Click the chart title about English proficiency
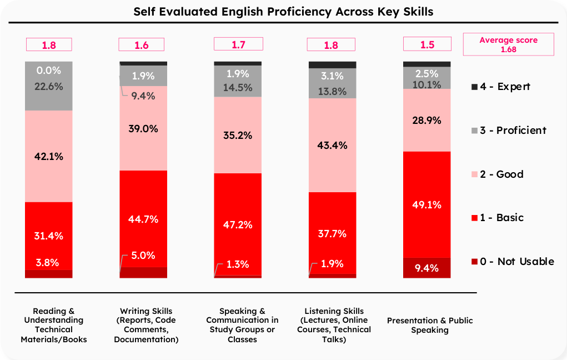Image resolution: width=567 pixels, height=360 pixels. [283, 12]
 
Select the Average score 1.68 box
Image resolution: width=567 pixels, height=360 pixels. [509, 44]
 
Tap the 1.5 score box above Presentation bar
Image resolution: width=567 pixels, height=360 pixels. [427, 44]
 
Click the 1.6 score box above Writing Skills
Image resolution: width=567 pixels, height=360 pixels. [142, 44]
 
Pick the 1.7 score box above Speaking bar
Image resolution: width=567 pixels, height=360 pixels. [238, 44]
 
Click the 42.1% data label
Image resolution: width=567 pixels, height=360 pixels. [49, 156]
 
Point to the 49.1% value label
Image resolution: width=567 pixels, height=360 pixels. [426, 205]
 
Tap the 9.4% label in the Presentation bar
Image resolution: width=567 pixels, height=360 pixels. [426, 268]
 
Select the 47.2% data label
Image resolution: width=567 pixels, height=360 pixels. [238, 224]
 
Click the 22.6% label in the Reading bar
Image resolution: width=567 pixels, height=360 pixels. [49, 87]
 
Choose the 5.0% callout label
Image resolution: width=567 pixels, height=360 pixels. [143, 256]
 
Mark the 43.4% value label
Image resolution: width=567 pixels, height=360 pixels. [332, 146]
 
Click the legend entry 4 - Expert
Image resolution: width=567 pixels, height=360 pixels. [501, 87]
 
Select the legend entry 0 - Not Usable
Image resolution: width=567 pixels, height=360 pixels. [513, 261]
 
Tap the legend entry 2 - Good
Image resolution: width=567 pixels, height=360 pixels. [498, 174]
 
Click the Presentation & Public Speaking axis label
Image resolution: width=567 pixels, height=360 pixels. [430, 325]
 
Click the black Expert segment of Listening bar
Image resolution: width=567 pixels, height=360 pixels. [332, 65]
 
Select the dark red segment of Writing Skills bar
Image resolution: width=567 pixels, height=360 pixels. [143, 272]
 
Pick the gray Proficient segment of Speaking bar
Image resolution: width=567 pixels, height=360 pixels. [238, 81]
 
